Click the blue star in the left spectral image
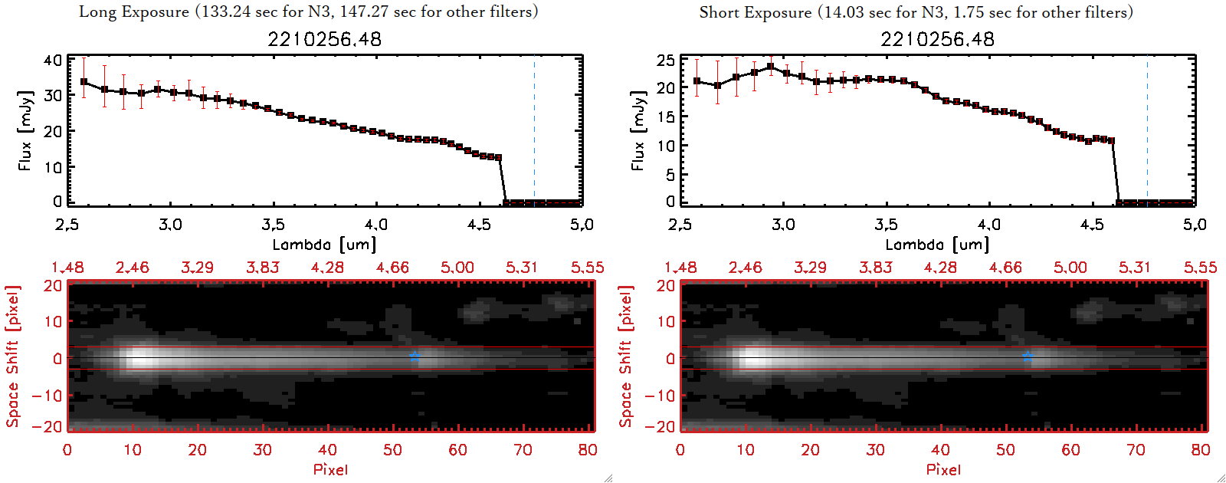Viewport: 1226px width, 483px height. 415,356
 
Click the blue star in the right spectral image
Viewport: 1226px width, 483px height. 1028,356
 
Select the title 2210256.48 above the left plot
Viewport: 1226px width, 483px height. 324,39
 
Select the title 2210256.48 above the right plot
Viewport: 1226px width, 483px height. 937,39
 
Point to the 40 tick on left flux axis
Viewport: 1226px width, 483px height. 53,61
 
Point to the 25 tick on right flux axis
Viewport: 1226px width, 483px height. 666,61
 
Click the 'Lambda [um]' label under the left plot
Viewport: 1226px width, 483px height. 324,245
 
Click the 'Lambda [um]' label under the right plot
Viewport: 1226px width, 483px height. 937,245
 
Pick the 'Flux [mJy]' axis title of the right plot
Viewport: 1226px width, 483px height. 638,130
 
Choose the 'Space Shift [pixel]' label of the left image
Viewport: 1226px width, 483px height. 12,356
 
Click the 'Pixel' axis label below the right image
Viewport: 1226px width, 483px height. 943,469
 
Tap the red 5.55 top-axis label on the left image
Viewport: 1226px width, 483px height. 587,268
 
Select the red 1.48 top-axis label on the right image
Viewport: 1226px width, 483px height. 680,268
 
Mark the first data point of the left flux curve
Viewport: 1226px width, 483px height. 84,81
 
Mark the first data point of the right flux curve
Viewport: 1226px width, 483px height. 697,81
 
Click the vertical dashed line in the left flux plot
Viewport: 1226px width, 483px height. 534,130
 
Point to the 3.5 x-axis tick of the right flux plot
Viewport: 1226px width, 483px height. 886,225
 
